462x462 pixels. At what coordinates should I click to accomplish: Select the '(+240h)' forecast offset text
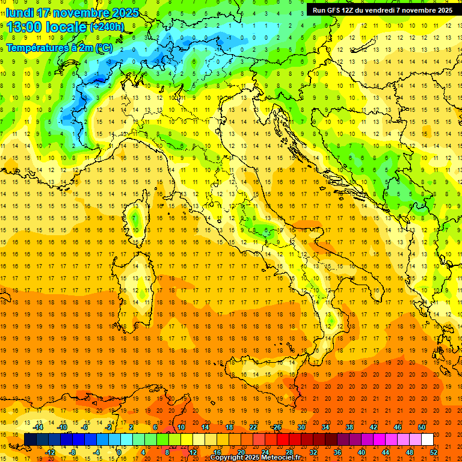[x=107, y=26]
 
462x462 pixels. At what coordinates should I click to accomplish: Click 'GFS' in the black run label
[x=333, y=10]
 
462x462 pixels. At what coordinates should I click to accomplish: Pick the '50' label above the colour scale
[x=422, y=427]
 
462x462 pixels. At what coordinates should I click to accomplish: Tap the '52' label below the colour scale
[x=434, y=452]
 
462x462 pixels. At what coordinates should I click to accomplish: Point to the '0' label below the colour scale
[x=120, y=452]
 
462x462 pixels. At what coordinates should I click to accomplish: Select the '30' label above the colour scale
[x=301, y=427]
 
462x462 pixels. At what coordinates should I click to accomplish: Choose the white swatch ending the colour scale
[x=427, y=440]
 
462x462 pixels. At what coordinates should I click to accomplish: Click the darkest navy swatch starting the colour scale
[x=30, y=440]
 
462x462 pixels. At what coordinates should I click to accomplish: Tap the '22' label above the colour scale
[x=253, y=427]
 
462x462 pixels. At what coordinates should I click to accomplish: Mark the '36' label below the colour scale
[x=337, y=452]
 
